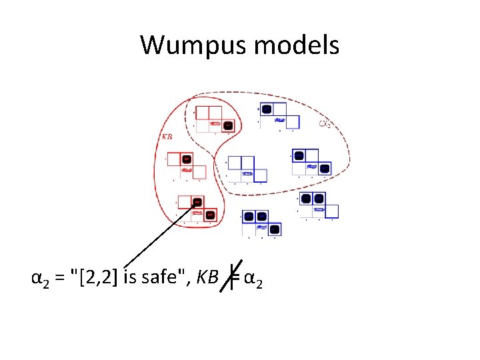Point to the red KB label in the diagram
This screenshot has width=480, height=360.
[x=169, y=137]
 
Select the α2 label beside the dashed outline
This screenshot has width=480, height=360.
[x=325, y=123]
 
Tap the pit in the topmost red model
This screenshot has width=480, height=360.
[x=228, y=125]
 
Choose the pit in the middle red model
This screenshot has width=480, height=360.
[x=187, y=159]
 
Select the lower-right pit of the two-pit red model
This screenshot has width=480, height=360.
[x=209, y=215]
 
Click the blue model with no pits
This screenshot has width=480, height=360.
[x=246, y=169]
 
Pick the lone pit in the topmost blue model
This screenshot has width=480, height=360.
[x=266, y=109]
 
